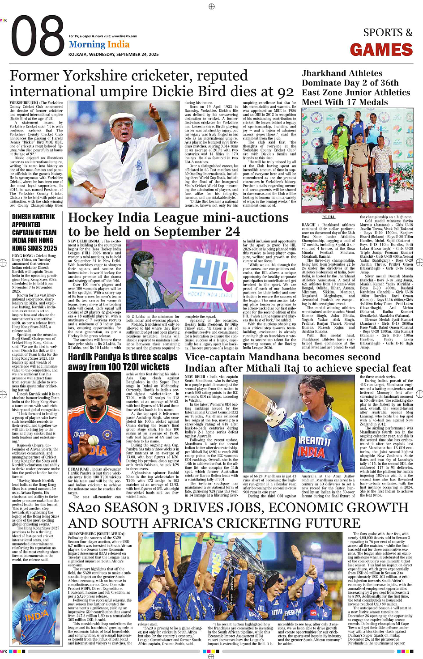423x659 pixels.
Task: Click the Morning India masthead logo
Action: pyautogui.click(x=99, y=44)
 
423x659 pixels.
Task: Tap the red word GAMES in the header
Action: pyautogui.click(x=381, y=50)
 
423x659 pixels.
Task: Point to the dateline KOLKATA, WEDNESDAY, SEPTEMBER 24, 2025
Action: pyautogui.click(x=114, y=54)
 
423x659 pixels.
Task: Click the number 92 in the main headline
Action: pyautogui.click(x=285, y=91)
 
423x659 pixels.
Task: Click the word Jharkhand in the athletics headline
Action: pyautogui.click(x=324, y=73)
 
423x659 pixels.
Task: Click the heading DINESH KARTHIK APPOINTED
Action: pyautogui.click(x=34, y=221)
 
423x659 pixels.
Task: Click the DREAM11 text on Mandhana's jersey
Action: pyautogui.click(x=315, y=442)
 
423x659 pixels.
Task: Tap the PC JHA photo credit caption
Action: pyautogui.click(x=329, y=217)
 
